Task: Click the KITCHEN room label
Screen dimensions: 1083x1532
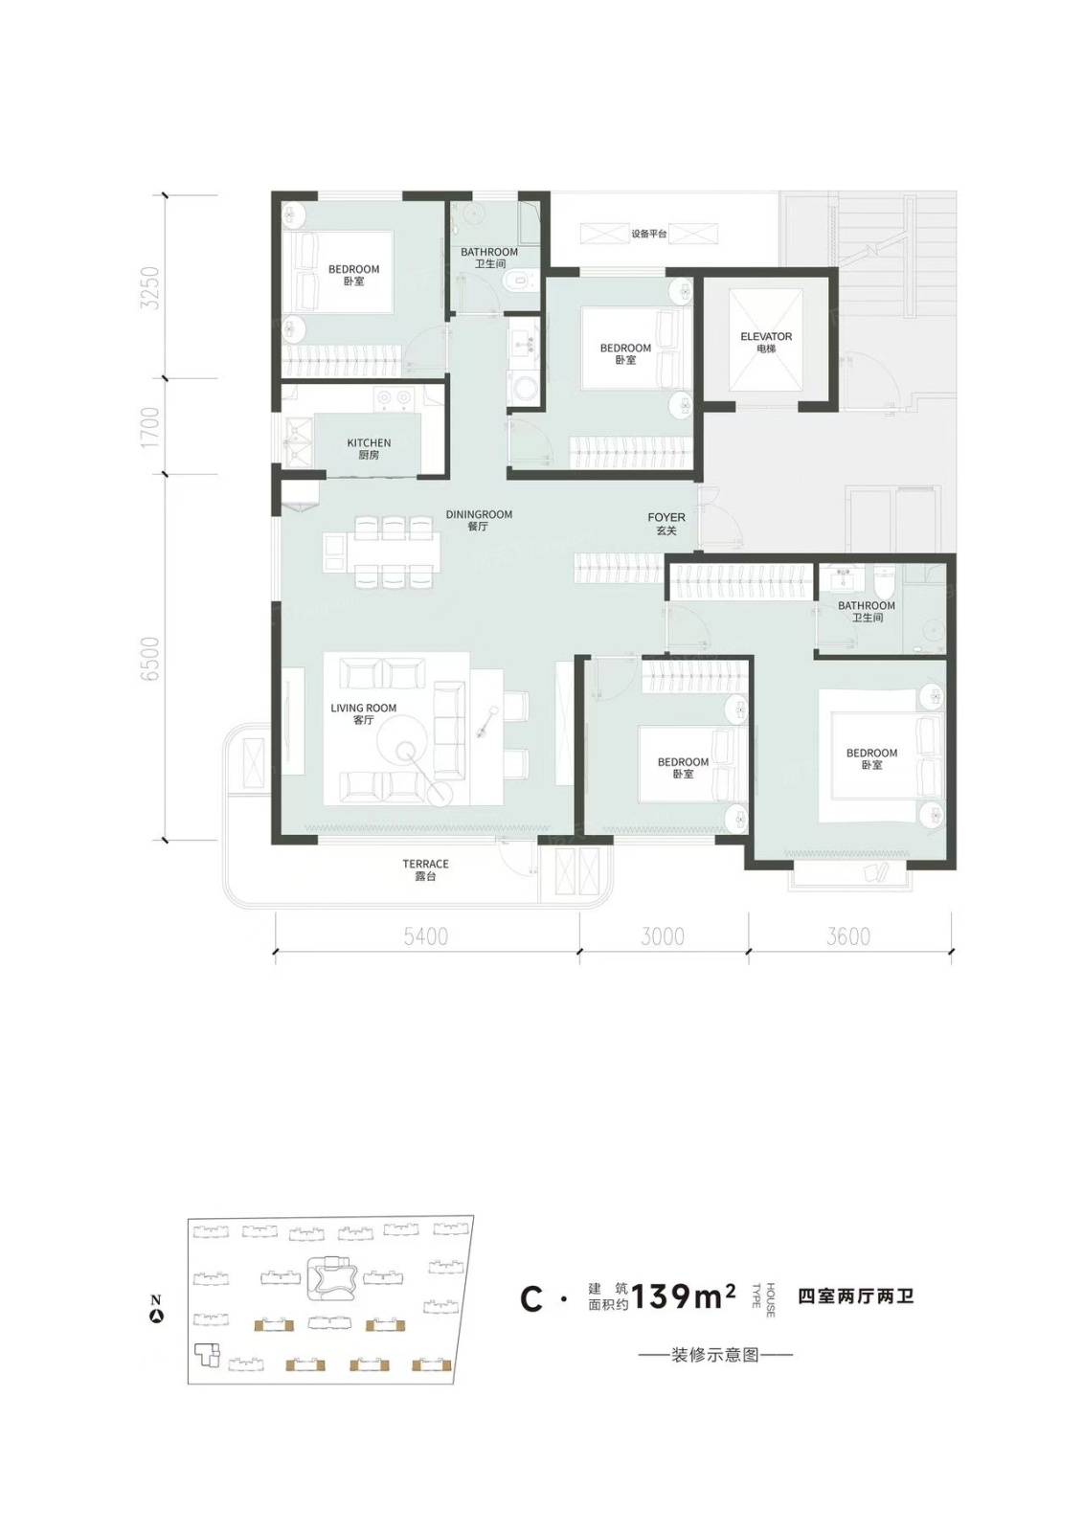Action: [369, 443]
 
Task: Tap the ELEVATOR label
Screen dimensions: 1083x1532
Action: [765, 336]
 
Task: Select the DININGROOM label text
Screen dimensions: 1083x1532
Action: [479, 514]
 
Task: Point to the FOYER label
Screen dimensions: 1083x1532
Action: [666, 518]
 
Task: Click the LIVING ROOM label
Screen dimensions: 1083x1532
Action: [363, 708]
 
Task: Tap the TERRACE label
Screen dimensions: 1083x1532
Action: [425, 864]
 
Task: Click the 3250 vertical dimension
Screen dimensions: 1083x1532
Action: [149, 287]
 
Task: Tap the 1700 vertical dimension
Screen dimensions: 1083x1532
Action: [149, 427]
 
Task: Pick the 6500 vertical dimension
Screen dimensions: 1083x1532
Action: [149, 659]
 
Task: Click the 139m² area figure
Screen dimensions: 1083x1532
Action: [683, 1295]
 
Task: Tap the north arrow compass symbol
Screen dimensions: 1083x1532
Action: [157, 1314]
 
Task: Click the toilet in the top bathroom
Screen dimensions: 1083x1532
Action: [517, 281]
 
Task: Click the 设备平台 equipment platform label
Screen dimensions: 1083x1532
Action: [649, 234]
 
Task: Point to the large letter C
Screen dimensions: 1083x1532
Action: [531, 1299]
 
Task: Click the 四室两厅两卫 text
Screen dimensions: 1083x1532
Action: [855, 1295]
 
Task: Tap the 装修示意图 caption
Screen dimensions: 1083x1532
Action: [715, 1354]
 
